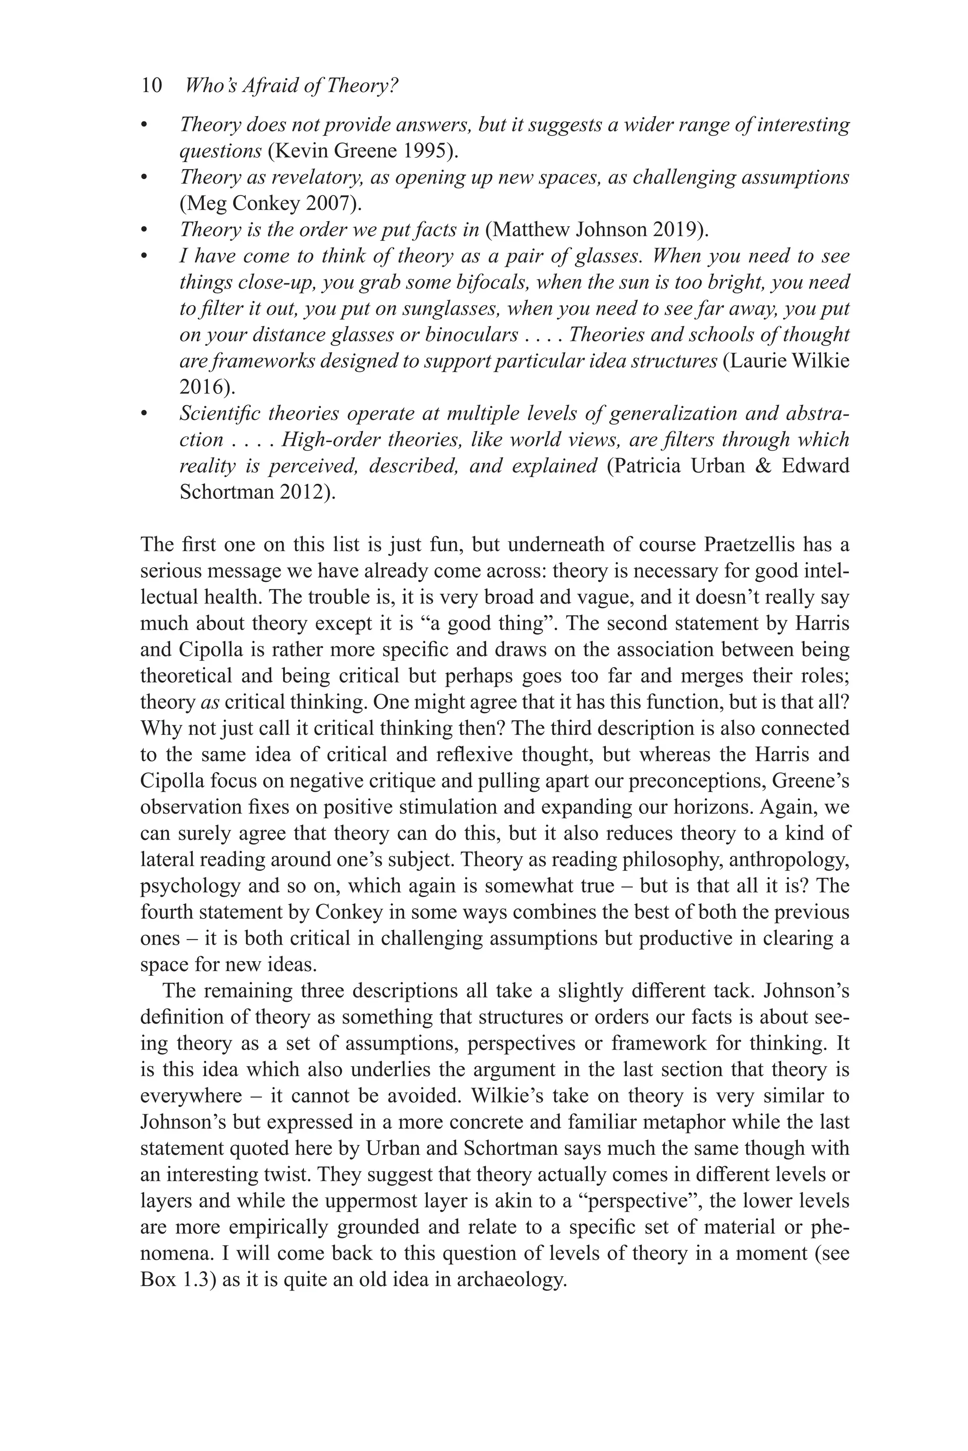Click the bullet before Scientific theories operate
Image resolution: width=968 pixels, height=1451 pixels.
coord(145,413)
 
